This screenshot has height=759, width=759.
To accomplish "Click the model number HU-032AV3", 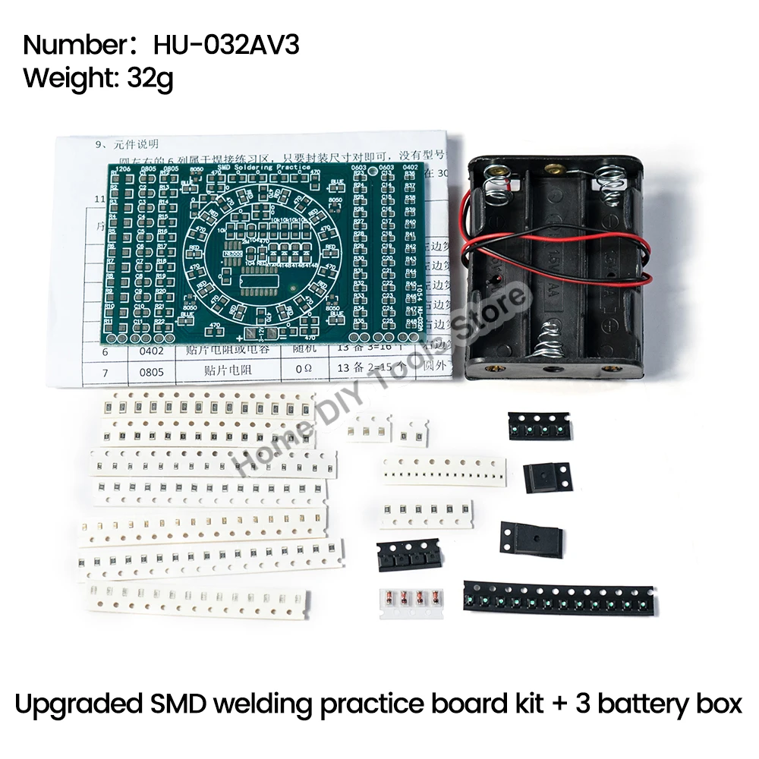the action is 226,45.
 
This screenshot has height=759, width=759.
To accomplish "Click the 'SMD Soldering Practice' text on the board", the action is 263,167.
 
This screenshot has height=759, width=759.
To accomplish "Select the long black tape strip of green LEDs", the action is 560,597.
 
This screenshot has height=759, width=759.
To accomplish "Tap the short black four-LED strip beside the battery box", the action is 539,426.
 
